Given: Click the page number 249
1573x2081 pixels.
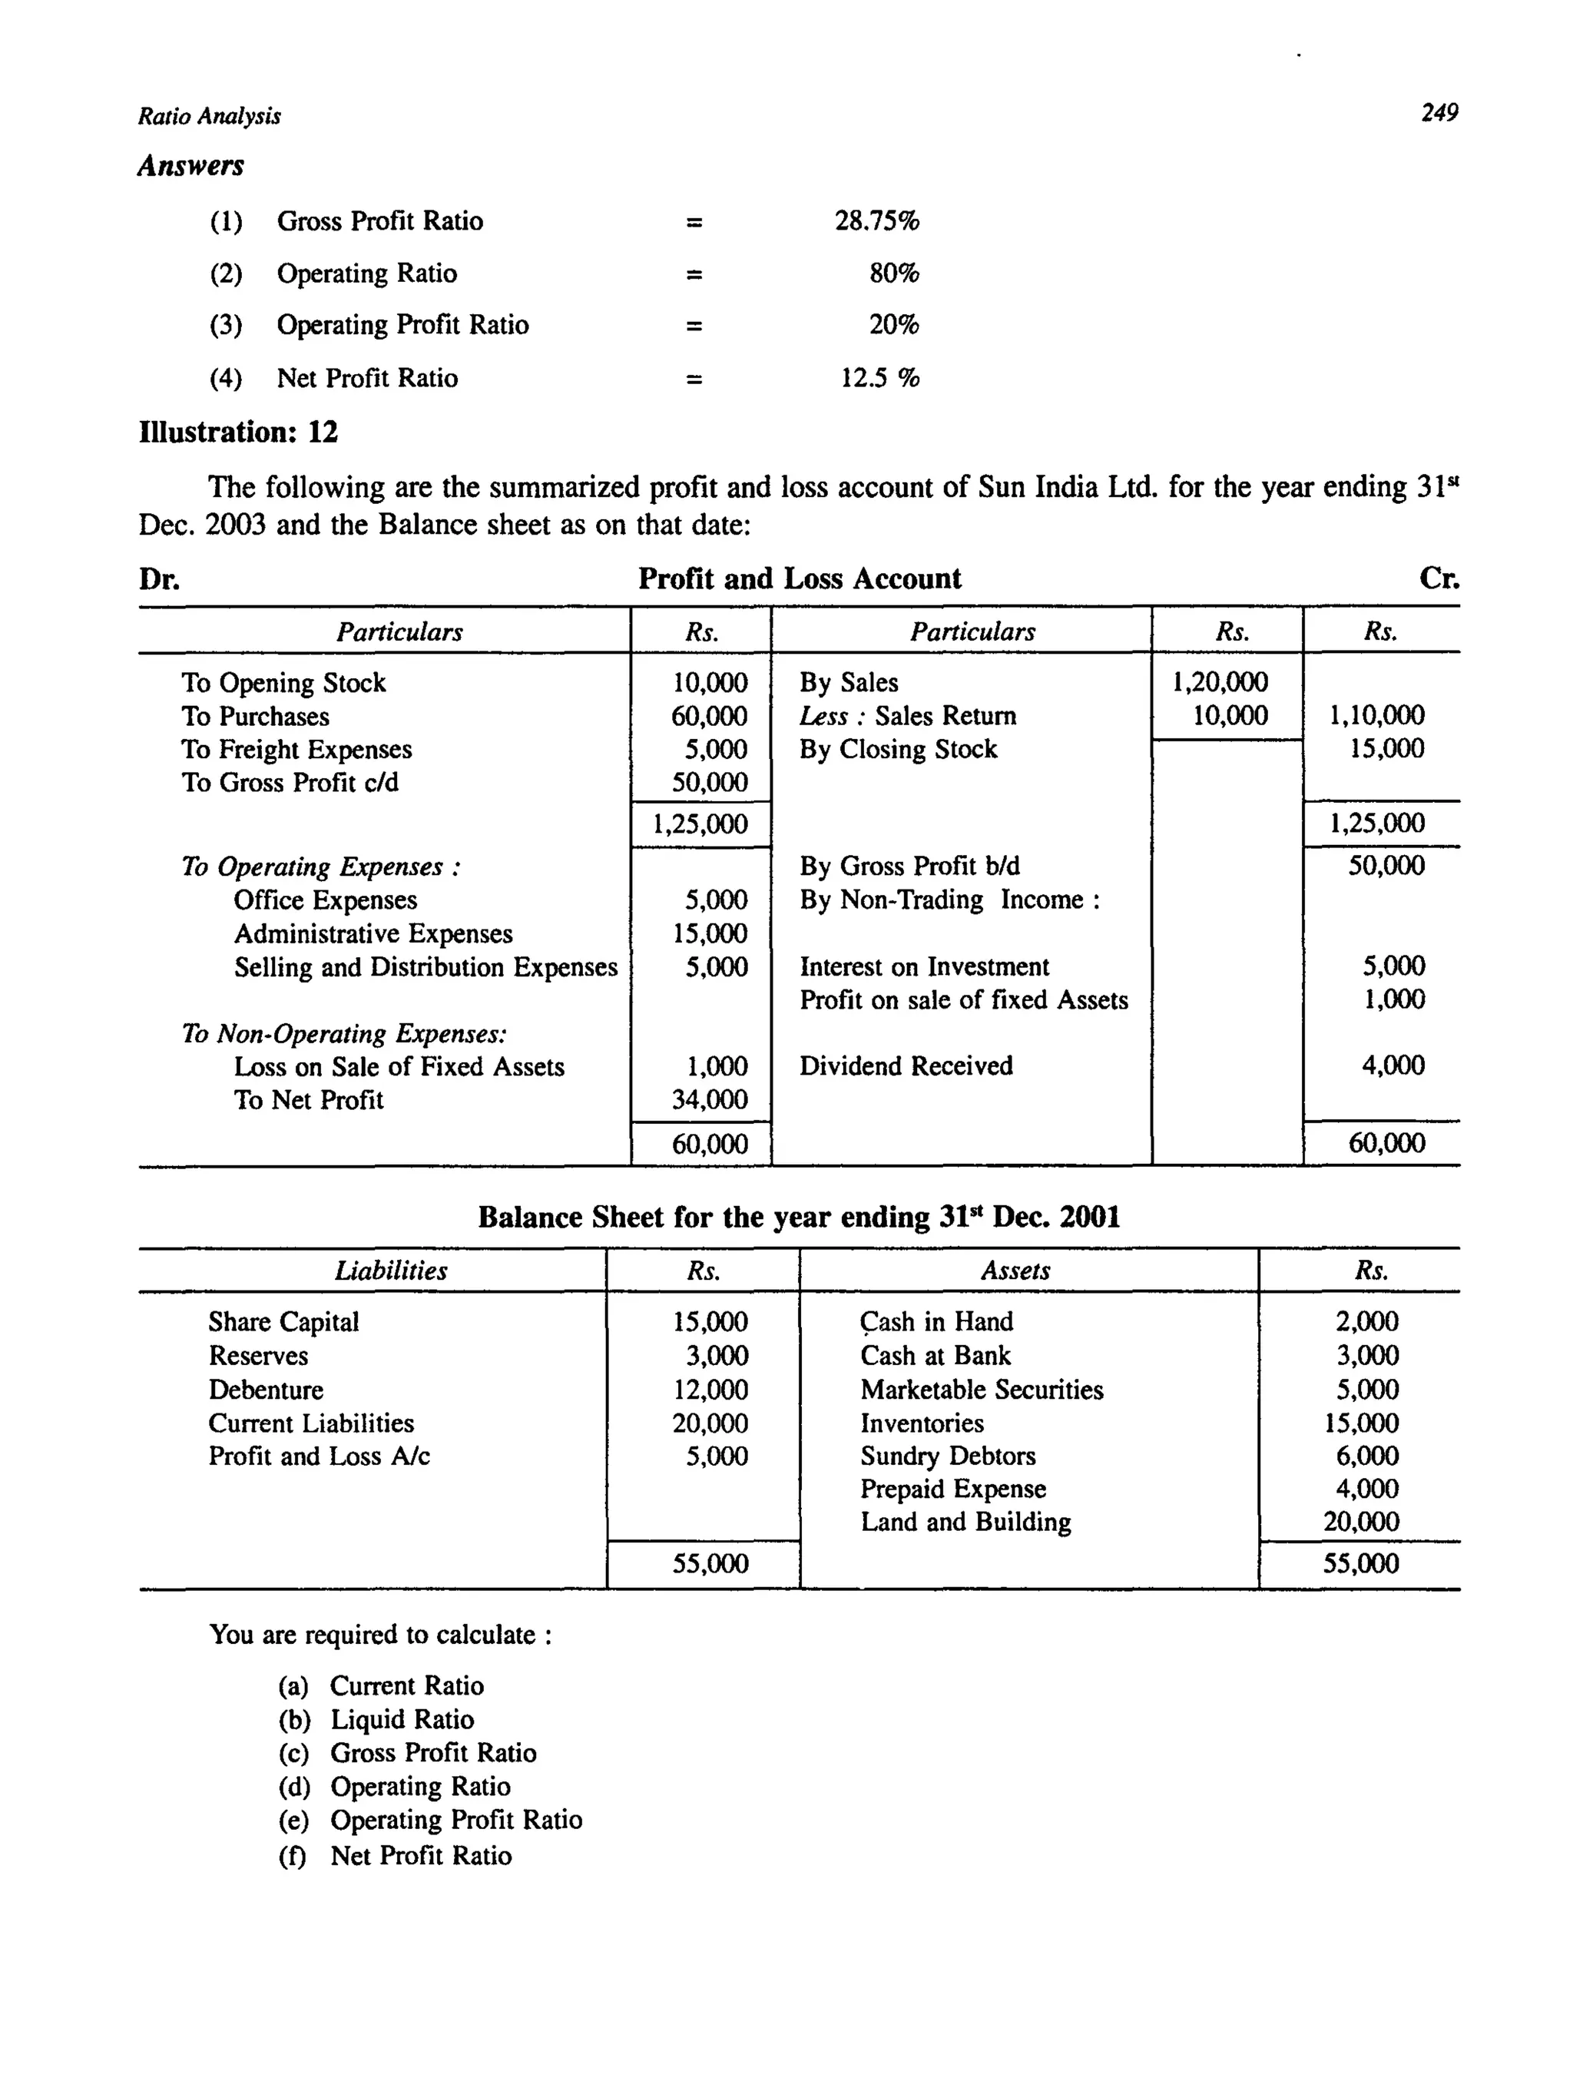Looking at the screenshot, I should [1439, 113].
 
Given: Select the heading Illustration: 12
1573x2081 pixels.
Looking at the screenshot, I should [238, 432].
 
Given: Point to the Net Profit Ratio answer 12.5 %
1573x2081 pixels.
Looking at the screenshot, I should [879, 378].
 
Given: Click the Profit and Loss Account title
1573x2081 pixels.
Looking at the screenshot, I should [799, 578].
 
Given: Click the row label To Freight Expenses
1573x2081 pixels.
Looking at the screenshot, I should [296, 750].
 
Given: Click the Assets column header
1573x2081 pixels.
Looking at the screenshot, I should [1015, 1271].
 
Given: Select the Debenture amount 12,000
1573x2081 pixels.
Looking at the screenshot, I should [710, 1390].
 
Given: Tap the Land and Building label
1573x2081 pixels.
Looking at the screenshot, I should [965, 1523].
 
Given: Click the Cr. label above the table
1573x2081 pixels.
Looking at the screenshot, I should [1439, 578].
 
